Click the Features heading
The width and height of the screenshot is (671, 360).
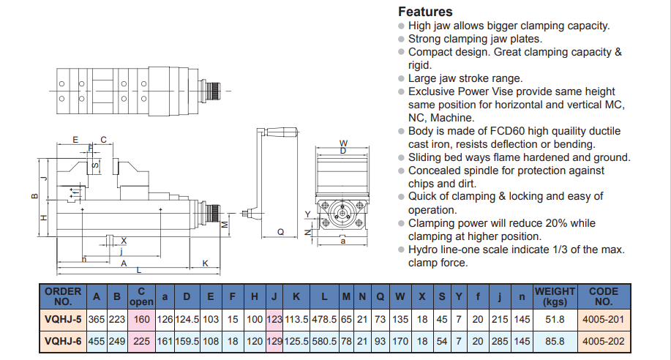(x=425, y=12)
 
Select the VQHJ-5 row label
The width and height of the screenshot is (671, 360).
(x=63, y=319)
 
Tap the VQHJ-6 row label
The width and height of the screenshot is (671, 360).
(x=63, y=340)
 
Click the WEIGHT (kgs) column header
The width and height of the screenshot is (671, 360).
(x=555, y=296)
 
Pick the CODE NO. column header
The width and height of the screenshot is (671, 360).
(x=604, y=296)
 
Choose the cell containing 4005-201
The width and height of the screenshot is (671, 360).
(x=604, y=319)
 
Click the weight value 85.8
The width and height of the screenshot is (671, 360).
(x=555, y=340)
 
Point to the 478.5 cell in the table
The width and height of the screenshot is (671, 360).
(x=323, y=319)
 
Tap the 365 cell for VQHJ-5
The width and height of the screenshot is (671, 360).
(x=97, y=319)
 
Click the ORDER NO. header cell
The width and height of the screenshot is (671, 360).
(x=63, y=296)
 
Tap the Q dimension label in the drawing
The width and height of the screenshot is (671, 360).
(x=280, y=232)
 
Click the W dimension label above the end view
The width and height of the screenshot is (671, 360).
(x=343, y=142)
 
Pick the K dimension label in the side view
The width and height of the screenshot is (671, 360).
(x=206, y=263)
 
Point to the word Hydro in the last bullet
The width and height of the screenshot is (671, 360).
(x=424, y=250)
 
